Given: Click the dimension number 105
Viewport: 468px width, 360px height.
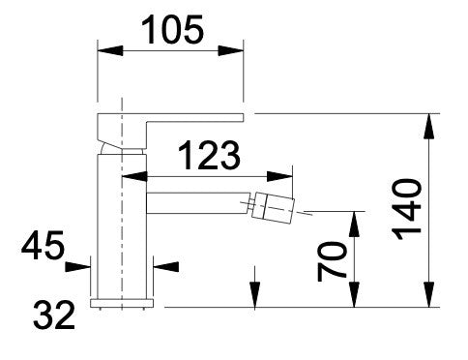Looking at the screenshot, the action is pos(172,30).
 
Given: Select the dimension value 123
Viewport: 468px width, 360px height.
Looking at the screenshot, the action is pos(209,155).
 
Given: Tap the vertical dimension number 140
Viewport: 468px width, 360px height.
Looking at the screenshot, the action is pos(407,209).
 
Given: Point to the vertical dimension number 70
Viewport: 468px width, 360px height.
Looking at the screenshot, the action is pos(332,261).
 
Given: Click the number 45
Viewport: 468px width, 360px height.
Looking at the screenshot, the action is pos(43,245).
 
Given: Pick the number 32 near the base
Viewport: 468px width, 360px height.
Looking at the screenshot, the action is pos(54,315).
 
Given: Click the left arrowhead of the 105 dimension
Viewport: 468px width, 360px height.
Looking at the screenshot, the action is pos(110,50).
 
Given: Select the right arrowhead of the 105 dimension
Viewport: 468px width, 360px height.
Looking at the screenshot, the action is pos(231,50).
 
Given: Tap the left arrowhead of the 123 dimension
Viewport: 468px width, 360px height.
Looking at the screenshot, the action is pos(134,177).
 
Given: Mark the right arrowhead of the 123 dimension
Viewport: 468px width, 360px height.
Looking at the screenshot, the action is pos(279,177).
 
